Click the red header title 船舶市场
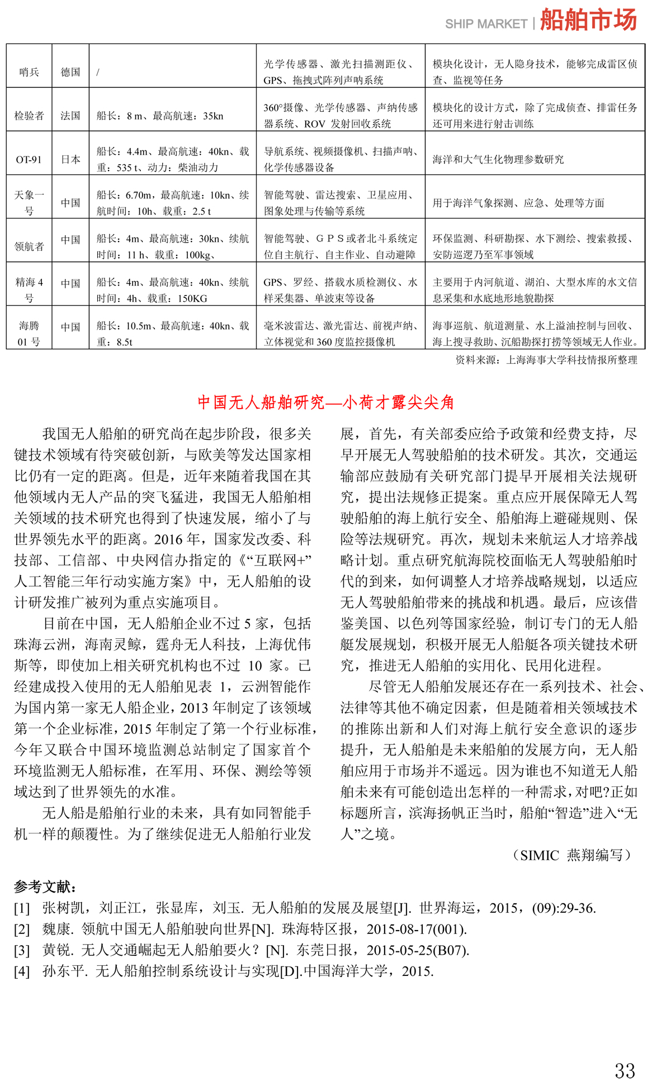click(588, 20)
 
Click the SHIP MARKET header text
click(486, 24)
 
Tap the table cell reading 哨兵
click(29, 72)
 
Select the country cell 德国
click(70, 72)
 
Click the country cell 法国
click(70, 116)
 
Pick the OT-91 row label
click(29, 159)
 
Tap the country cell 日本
click(70, 159)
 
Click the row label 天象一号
click(29, 202)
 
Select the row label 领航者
click(29, 246)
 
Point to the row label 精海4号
click(29, 290)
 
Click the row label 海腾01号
click(29, 334)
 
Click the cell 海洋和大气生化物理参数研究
click(498, 159)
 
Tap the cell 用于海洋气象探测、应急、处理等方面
click(518, 203)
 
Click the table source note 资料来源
click(546, 360)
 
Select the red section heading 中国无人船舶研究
click(325, 402)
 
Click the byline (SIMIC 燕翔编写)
click(571, 855)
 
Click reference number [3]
click(22, 950)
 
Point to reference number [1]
click(22, 908)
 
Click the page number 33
click(625, 1055)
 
